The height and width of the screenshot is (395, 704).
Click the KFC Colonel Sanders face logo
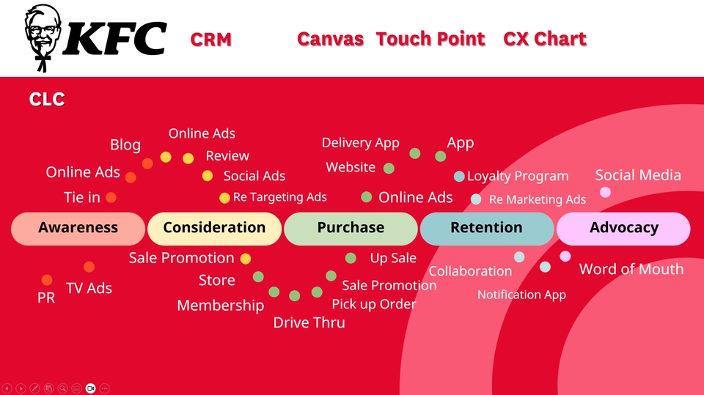click(43, 37)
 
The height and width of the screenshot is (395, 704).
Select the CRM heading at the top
click(211, 40)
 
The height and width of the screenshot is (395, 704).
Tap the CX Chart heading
click(545, 39)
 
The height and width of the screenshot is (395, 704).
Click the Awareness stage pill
click(78, 229)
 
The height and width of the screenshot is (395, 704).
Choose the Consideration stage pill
click(214, 229)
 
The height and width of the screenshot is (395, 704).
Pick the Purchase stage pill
click(351, 229)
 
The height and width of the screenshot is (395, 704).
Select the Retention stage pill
click(487, 229)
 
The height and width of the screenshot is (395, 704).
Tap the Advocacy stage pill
click(623, 229)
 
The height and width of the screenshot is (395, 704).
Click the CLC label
click(47, 99)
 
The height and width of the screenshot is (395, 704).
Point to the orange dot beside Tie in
click(111, 198)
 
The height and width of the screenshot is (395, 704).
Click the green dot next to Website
click(389, 169)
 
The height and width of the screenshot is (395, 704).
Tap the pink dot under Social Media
click(605, 192)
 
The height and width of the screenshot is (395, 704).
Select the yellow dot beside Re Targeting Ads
click(224, 198)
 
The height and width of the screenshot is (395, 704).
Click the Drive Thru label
click(309, 322)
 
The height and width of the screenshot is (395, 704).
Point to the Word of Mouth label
click(631, 269)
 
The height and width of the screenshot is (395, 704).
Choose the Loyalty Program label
click(518, 177)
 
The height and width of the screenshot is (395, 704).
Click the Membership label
click(221, 306)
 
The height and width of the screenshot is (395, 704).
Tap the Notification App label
click(521, 295)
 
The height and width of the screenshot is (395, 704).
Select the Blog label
click(125, 145)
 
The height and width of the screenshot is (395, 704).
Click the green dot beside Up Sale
click(351, 258)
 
